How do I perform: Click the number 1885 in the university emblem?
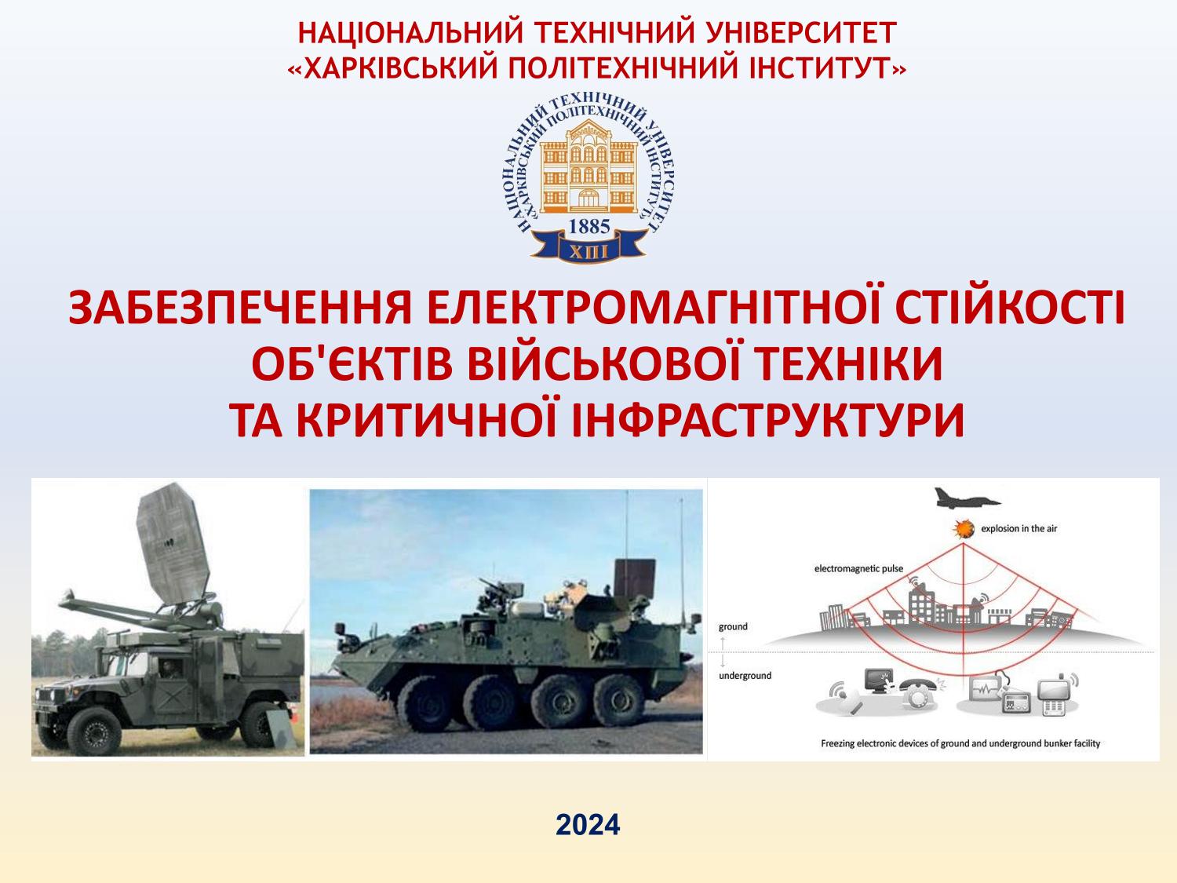[x=589, y=227]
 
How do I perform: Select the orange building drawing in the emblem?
[x=588, y=166]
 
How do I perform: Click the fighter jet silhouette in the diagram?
[x=966, y=498]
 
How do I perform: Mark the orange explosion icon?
[x=964, y=529]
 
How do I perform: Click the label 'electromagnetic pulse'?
[x=858, y=568]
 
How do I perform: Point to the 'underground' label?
[x=745, y=676]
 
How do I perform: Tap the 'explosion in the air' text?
[x=1018, y=528]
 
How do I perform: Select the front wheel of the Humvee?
[x=94, y=730]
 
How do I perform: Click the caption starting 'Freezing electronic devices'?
[x=960, y=743]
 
